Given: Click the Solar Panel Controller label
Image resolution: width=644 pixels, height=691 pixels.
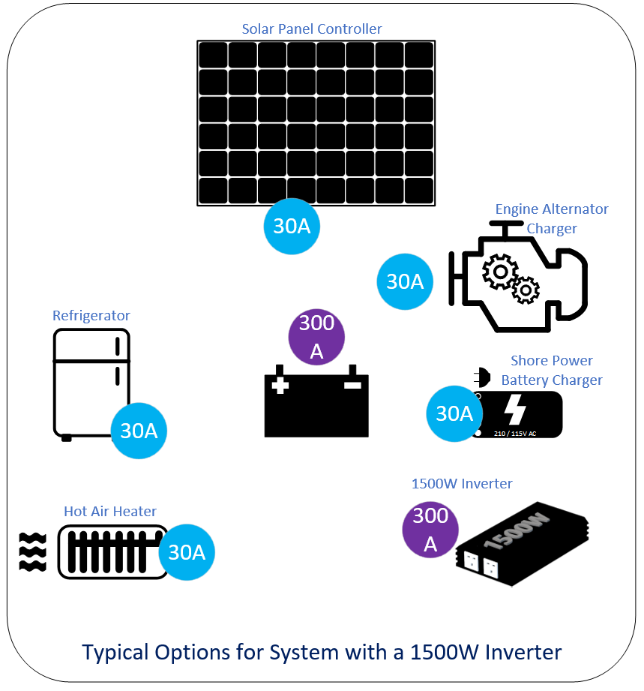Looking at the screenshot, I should (311, 29).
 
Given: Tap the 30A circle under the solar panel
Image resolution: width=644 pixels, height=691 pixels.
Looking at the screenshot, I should (292, 226).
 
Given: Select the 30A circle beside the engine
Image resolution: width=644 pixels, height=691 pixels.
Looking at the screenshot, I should (405, 281).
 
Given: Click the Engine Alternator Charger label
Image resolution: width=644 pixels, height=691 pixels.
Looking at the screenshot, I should (552, 218).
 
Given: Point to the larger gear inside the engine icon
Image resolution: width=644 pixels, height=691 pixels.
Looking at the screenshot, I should (499, 271).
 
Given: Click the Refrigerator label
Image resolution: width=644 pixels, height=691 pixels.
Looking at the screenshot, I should (91, 316).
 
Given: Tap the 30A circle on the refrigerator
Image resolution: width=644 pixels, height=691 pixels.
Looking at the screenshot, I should (139, 431).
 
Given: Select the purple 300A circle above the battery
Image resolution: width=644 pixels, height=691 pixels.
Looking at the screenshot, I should (316, 337).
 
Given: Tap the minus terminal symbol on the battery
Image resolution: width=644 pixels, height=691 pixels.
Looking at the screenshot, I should (352, 386).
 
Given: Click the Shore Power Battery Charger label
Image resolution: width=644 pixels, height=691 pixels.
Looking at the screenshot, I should (552, 371).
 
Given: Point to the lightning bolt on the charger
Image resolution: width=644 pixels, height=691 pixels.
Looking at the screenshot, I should (514, 411).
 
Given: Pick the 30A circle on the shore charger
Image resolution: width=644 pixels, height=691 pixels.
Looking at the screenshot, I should (454, 413).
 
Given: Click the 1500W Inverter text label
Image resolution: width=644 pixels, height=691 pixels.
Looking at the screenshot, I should (462, 483).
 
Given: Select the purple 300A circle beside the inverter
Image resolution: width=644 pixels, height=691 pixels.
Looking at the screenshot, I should (430, 530).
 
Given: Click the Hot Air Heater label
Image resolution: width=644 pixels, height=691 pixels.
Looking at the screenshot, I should (110, 512).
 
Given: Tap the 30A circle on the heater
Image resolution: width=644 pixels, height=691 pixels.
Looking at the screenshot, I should (187, 552).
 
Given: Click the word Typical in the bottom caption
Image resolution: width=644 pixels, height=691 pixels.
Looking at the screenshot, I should (115, 652).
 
